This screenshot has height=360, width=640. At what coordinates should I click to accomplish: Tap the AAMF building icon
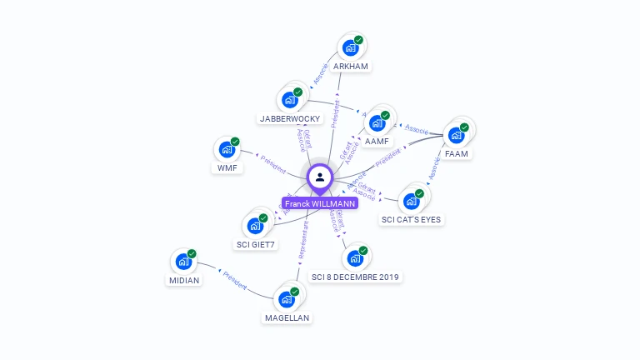pos(377,123)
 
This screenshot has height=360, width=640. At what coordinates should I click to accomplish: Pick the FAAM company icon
pos(456,135)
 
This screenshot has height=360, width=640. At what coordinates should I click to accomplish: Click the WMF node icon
pos(227,150)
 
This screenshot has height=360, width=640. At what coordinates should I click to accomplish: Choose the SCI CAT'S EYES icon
pos(411,201)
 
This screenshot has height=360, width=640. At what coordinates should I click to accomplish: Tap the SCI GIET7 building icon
pos(255,226)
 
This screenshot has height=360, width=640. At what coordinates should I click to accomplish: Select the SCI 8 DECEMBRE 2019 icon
pos(355,258)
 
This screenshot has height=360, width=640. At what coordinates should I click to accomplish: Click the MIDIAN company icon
pos(183,262)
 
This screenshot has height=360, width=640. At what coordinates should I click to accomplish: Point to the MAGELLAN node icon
pos(287,298)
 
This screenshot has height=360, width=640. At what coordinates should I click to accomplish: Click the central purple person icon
pos(320,177)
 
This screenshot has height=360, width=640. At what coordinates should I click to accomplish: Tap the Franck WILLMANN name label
pos(320,203)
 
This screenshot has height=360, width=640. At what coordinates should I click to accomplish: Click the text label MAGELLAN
pos(287,317)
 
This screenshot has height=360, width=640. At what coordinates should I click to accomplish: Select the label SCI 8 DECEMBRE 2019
pos(357,277)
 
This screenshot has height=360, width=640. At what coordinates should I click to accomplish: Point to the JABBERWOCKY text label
pos(290,118)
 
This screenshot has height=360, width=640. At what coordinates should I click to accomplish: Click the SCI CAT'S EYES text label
pos(412,219)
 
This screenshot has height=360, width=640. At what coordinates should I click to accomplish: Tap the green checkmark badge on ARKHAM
pos(358,40)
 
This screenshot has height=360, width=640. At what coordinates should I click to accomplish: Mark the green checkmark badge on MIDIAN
pos(192,253)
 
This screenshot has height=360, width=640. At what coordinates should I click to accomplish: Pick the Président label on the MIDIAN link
pos(234,280)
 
